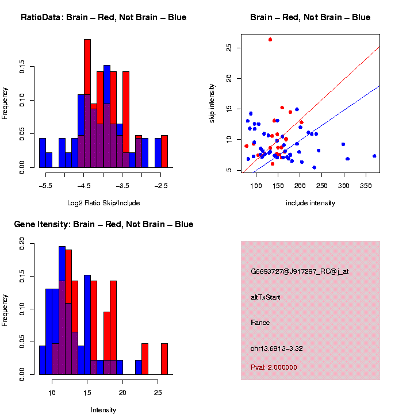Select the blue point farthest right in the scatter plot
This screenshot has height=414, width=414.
click(374, 156)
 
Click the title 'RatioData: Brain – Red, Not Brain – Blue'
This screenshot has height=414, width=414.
click(103, 17)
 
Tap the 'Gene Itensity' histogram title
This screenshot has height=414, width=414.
click(103, 224)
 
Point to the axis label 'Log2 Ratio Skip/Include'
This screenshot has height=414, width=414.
click(103, 202)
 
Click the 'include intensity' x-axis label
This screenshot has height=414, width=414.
click(310, 202)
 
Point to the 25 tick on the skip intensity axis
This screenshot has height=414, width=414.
click(228, 48)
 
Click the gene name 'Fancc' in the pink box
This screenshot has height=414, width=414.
click(260, 323)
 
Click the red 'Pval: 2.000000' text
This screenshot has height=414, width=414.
click(274, 367)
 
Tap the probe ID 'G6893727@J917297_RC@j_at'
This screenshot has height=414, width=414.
click(300, 271)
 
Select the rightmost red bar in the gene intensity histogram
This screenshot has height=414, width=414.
click(164, 359)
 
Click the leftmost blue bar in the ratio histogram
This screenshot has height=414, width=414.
click(43, 153)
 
